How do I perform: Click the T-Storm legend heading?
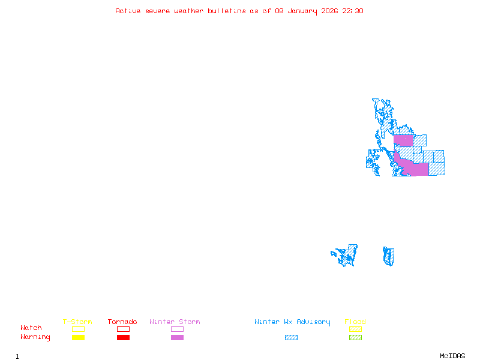click(77, 322)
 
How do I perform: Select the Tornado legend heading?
click(122, 322)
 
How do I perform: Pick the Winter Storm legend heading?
click(175, 322)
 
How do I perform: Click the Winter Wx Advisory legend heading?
click(292, 322)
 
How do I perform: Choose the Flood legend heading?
click(355, 322)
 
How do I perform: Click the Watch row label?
click(31, 328)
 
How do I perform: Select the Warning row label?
click(35, 337)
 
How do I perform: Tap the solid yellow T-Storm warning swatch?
click(78, 338)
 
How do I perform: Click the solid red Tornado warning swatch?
click(123, 338)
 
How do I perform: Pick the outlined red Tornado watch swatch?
click(123, 329)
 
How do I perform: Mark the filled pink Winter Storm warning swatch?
click(177, 338)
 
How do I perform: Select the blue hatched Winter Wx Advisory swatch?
click(291, 338)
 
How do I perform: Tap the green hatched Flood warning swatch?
click(355, 338)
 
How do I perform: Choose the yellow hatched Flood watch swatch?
click(355, 329)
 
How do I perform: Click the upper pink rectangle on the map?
click(403, 140)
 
